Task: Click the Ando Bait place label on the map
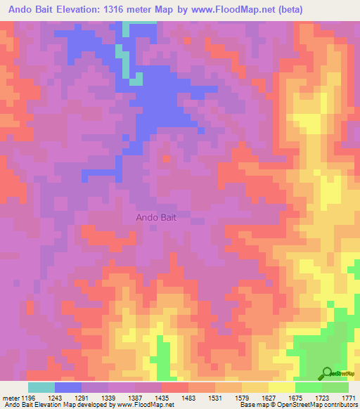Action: click(156, 218)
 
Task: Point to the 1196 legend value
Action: click(28, 398)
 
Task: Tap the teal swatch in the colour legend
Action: click(41, 387)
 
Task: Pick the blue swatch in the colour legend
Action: click(68, 387)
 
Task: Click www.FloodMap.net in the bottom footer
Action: click(143, 405)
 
